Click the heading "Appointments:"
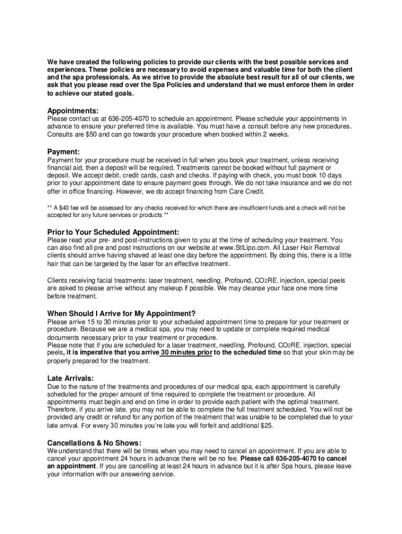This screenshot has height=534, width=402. click(73, 111)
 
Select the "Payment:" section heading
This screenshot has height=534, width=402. click(63, 151)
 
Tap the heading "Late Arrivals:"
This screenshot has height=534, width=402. click(71, 378)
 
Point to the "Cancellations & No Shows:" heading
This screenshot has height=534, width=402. click(94, 443)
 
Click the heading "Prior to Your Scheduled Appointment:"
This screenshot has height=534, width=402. click(113, 232)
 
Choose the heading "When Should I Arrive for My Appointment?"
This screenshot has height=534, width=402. click(122, 313)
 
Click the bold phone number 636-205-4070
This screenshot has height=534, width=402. click(295, 458)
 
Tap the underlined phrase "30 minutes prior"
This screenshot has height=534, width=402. click(186, 353)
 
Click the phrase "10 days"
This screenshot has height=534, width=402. click(330, 175)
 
